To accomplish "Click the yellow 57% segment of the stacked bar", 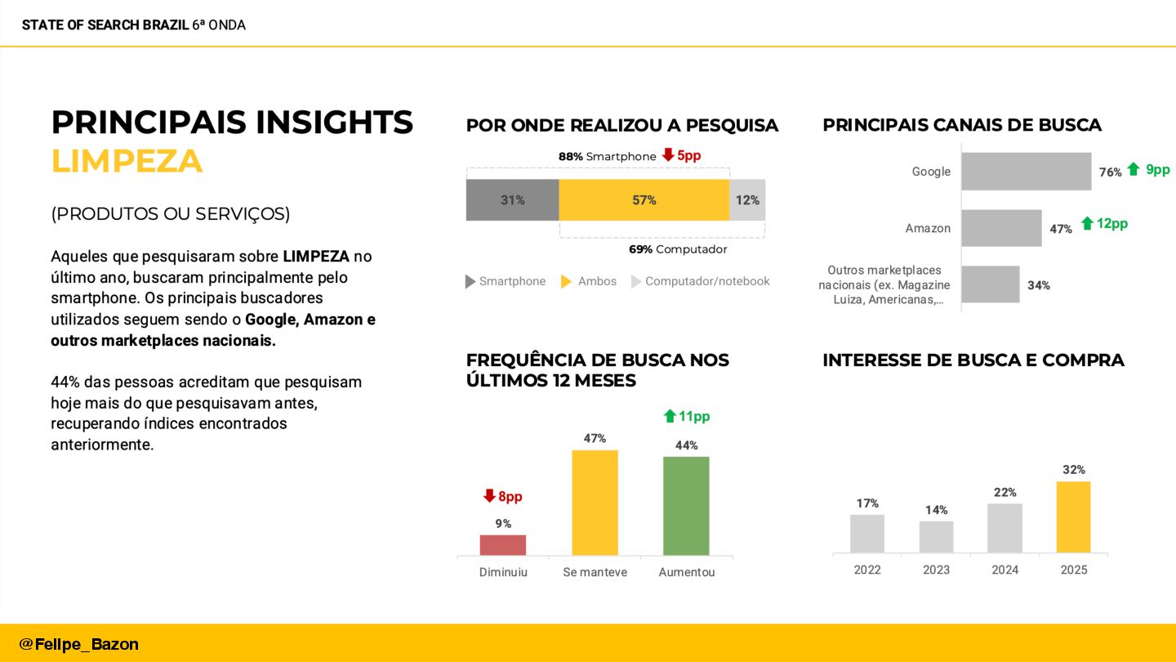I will click(x=644, y=200).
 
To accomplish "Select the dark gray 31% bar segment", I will click(x=512, y=200).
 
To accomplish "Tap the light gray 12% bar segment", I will click(x=746, y=200).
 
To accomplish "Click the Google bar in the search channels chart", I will click(x=1026, y=172).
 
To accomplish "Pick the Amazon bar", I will click(x=1000, y=228).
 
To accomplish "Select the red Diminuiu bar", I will click(x=502, y=545).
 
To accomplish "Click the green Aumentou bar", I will click(x=686, y=506).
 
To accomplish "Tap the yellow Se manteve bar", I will click(x=595, y=503).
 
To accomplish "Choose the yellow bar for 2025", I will click(x=1073, y=517).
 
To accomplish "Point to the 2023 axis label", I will click(x=936, y=570).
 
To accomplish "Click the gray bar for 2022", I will click(x=866, y=534).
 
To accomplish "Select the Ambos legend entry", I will click(x=589, y=281).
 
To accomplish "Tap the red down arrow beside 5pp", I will click(x=668, y=154).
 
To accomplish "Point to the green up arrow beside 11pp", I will click(x=670, y=416).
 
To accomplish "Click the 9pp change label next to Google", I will click(x=1157, y=169).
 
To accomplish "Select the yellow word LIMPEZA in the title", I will click(x=127, y=161).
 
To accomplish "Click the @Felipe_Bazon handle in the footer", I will click(x=78, y=644).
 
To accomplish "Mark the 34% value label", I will click(x=1039, y=285).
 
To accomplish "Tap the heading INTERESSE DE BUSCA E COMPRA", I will click(x=973, y=360).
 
